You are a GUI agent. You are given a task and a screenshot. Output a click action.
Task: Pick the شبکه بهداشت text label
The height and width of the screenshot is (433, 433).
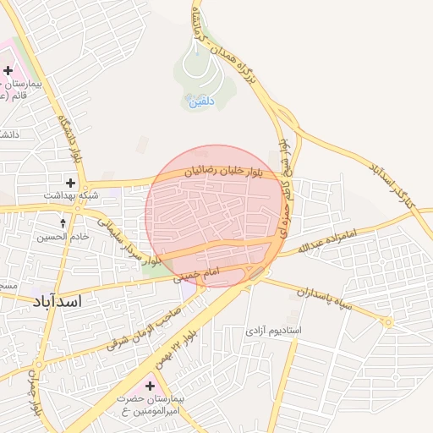(x=75, y=195)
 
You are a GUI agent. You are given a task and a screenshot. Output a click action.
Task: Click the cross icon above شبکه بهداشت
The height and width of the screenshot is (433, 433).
(x=70, y=183)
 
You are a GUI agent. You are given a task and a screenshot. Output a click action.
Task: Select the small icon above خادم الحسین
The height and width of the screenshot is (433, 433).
(x=63, y=223)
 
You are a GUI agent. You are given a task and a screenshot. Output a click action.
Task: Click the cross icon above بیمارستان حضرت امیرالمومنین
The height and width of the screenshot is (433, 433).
(x=150, y=386)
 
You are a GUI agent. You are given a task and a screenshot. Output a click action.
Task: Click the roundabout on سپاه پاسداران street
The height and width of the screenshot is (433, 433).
(x=387, y=322)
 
